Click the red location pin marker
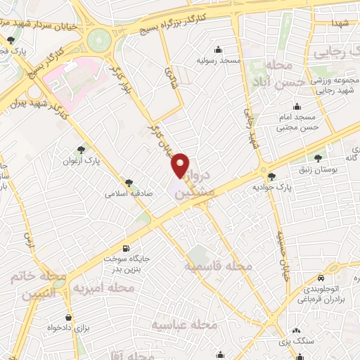[x=181, y=165]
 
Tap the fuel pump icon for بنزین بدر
[x=126, y=247]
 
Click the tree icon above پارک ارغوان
[x=82, y=149]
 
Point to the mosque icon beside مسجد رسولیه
[x=218, y=49]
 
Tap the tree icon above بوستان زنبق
[x=319, y=158]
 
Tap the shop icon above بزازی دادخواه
[x=68, y=317]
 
